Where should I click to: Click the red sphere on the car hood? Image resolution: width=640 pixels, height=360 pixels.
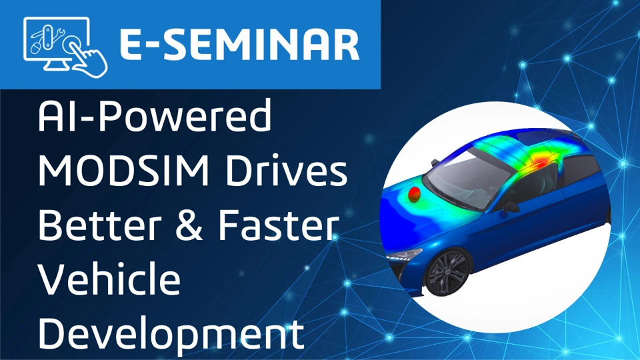414,193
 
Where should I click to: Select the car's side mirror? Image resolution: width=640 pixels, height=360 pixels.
510,207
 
